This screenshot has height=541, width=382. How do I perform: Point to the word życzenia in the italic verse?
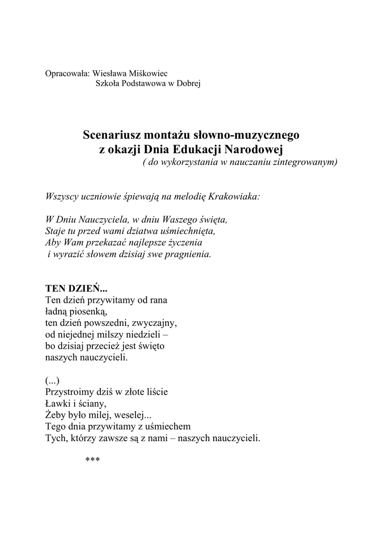click(185, 242)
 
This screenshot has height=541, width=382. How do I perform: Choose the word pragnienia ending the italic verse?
click(185, 254)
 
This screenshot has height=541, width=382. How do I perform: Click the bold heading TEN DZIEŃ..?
click(76, 289)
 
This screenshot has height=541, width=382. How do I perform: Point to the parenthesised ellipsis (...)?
click(52, 381)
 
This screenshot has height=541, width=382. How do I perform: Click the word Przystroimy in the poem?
click(68, 393)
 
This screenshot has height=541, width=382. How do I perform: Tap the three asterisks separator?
click(92, 460)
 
